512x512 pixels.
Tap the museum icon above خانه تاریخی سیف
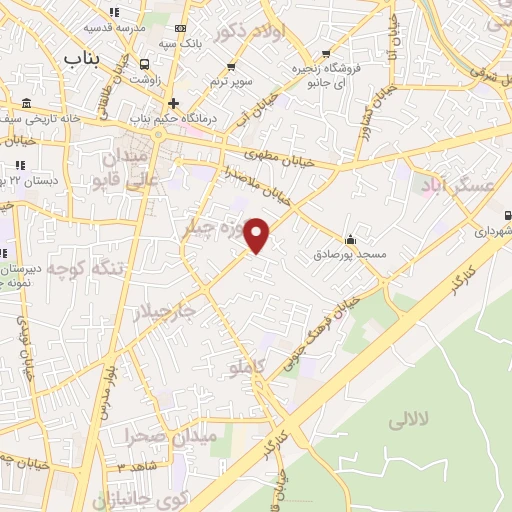[25, 105]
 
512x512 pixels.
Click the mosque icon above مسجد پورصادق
[350, 240]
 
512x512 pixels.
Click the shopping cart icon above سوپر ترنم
[232, 66]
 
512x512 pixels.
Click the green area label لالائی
[433, 421]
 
